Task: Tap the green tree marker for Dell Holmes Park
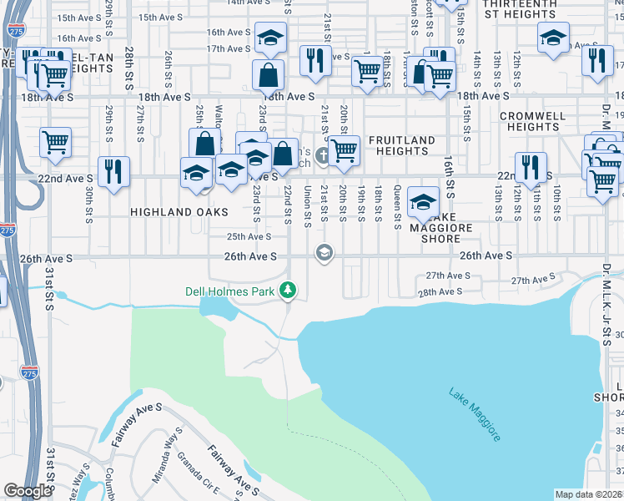click(x=289, y=291)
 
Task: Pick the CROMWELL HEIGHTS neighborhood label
click(x=533, y=122)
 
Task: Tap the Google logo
click(x=28, y=491)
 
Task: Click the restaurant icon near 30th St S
click(x=111, y=170)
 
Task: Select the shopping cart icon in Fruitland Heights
click(x=344, y=150)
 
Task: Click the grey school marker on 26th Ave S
click(x=324, y=252)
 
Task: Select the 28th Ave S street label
click(x=439, y=292)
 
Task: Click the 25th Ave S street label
click(x=249, y=236)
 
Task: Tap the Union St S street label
click(x=306, y=206)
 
